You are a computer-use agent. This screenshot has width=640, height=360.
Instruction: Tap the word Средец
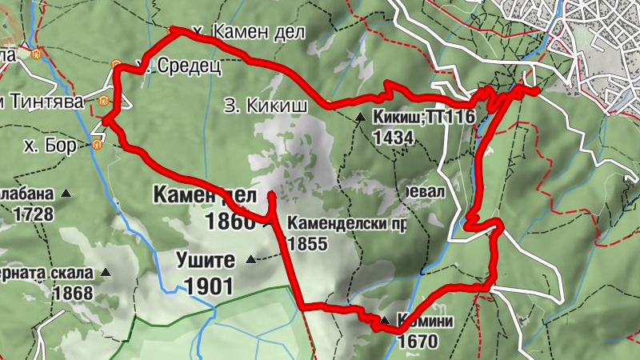(x=185, y=65)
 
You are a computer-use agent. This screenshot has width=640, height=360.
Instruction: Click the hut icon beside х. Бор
(x=98, y=146)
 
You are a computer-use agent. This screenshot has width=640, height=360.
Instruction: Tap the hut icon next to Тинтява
(x=103, y=102)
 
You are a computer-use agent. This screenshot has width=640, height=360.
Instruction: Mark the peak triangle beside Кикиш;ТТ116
(x=360, y=118)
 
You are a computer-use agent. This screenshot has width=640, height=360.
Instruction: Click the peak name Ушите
(x=206, y=260)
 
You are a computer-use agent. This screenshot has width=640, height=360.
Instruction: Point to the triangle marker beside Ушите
(x=252, y=259)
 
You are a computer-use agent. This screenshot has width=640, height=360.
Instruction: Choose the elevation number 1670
(x=418, y=342)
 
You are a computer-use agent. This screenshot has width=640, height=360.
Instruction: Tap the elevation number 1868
(x=74, y=293)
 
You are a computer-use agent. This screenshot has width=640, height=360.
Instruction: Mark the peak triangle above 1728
(x=66, y=193)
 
